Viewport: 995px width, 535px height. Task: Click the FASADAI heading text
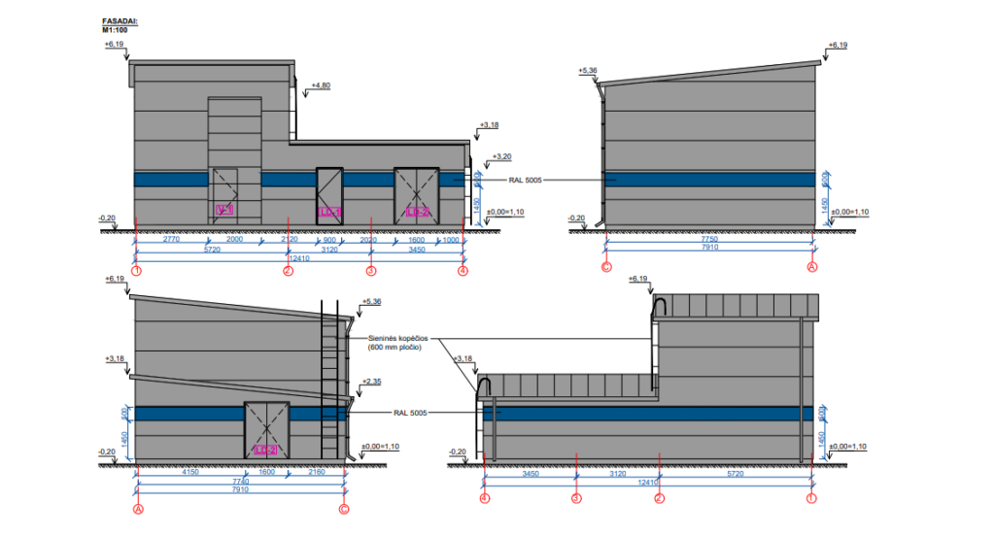coord(120,19)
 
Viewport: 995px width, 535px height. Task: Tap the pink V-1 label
coord(223,210)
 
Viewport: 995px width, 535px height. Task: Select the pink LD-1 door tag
coord(329,211)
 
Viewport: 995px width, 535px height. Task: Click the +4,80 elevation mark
coord(321,85)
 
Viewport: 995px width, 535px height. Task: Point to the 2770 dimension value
coord(172,239)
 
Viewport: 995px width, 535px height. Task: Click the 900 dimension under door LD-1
coord(330,239)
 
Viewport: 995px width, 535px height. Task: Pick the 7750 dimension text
coord(707,239)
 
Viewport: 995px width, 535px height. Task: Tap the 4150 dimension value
coord(190,471)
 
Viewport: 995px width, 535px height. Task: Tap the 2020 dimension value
coord(369,239)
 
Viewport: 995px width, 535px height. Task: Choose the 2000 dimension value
coord(235,239)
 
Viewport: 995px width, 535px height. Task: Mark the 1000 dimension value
coord(451,239)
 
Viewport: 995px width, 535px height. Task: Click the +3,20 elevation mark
coord(501,156)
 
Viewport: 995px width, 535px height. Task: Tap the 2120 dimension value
coord(290,239)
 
